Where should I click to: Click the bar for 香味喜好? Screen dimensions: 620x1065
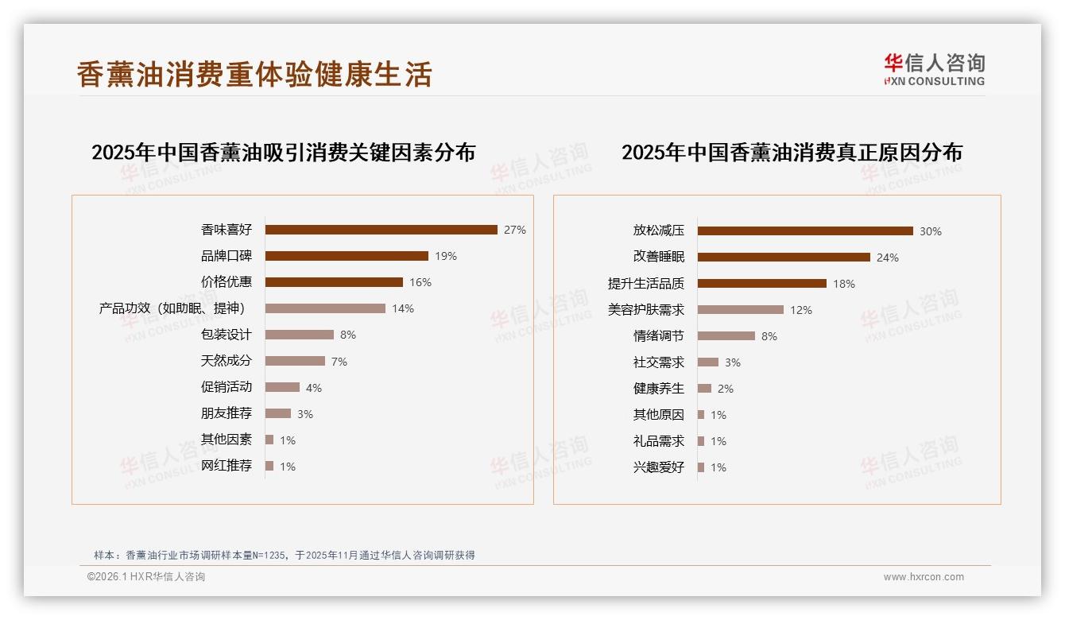(381, 230)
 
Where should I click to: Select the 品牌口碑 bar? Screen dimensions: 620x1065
(347, 256)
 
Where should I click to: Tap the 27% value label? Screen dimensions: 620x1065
(514, 230)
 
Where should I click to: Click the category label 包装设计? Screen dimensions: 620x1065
(227, 335)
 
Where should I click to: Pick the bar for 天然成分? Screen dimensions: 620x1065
(295, 361)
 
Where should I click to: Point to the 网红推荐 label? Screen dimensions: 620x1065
(227, 466)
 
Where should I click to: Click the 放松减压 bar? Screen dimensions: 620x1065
(805, 231)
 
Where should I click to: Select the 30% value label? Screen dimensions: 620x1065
(930, 231)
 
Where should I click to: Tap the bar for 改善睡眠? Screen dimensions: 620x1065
(784, 258)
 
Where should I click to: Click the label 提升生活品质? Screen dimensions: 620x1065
(645, 284)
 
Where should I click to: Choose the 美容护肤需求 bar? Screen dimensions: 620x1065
(740, 310)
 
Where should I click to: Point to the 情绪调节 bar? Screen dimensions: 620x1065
(726, 336)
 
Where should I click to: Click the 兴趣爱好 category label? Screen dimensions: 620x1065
(658, 467)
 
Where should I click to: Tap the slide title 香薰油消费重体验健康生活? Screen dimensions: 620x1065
(254, 74)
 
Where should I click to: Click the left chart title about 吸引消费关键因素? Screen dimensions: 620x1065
(283, 152)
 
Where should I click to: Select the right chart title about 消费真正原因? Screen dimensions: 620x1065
(792, 152)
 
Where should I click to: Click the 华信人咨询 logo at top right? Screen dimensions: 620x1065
(934, 69)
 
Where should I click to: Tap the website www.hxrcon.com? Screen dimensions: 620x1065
(924, 577)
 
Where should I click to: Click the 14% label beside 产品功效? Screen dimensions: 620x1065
(403, 308)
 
